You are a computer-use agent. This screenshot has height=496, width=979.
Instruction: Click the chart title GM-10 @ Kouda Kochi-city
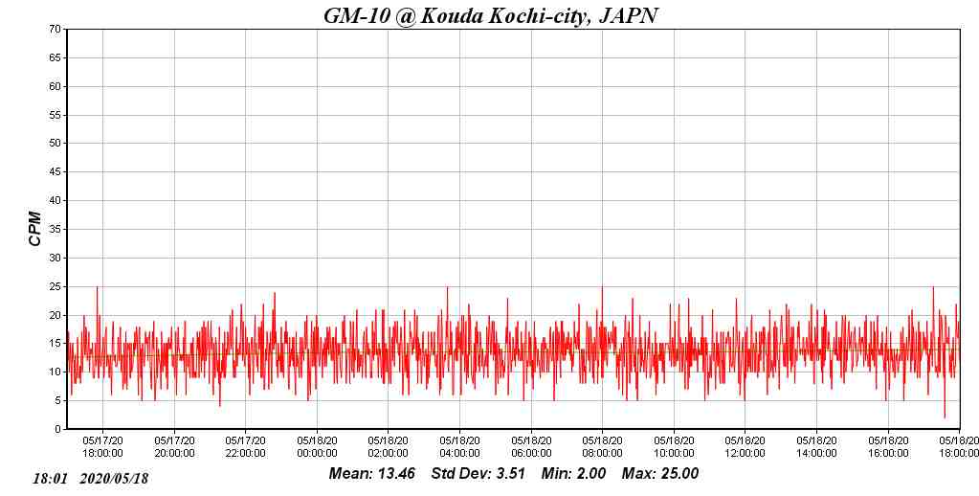(x=490, y=15)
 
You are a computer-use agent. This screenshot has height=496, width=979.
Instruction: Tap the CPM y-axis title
(x=35, y=229)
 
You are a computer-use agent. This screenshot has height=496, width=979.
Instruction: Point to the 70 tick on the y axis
(x=56, y=30)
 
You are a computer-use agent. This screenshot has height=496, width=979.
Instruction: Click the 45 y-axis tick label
(x=56, y=172)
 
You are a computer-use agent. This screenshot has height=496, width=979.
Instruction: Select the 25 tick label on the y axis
(x=56, y=286)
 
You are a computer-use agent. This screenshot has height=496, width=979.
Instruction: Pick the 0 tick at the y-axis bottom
(x=59, y=430)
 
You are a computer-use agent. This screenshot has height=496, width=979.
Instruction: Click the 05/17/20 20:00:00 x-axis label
(x=174, y=447)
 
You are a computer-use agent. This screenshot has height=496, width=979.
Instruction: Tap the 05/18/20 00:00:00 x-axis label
(x=317, y=447)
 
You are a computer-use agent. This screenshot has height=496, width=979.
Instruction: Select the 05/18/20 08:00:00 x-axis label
(x=602, y=447)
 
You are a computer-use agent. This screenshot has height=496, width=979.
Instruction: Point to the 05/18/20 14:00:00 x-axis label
(x=816, y=447)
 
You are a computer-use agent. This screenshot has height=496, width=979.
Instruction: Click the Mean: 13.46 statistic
(x=372, y=474)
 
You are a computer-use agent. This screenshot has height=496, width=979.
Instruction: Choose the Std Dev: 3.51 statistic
(x=478, y=474)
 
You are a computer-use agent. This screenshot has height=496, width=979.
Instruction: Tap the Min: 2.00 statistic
(x=573, y=474)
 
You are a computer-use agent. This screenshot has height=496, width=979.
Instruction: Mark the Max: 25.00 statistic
(x=660, y=474)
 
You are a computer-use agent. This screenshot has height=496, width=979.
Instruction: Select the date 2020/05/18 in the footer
(x=115, y=478)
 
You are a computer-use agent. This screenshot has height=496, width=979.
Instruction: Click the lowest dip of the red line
(x=945, y=417)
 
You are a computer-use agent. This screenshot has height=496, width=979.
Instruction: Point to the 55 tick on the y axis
(x=56, y=115)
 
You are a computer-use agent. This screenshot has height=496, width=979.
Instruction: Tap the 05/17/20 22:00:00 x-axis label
(x=245, y=447)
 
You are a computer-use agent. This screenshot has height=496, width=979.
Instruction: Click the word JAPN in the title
(x=628, y=15)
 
